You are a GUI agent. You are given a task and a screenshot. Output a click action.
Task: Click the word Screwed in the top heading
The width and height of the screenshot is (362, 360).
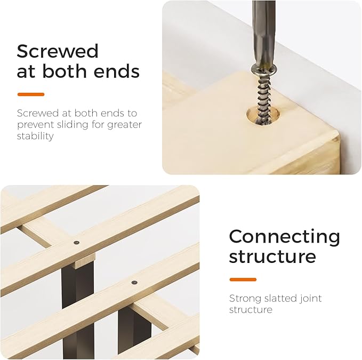pyautogui.click(x=58, y=51)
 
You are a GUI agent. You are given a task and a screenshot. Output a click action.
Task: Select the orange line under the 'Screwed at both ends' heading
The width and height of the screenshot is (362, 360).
pyautogui.click(x=31, y=94)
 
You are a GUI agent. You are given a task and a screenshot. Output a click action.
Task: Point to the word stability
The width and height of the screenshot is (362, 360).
pyautogui.click(x=35, y=136)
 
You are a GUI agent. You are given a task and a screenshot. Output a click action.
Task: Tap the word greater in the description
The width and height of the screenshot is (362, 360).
pyautogui.click(x=124, y=125)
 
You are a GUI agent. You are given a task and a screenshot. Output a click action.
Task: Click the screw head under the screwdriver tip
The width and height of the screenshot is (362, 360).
pyautogui.click(x=264, y=69)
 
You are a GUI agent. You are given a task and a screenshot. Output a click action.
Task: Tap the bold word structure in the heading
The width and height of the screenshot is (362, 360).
pyautogui.click(x=272, y=257)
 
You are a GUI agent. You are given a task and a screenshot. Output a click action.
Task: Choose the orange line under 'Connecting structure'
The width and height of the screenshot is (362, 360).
pyautogui.click(x=243, y=279)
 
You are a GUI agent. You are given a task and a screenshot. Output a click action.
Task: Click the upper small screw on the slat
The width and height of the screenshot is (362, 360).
pyautogui.click(x=76, y=243)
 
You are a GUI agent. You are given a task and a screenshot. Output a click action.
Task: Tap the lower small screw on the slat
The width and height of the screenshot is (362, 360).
pyautogui.click(x=134, y=282)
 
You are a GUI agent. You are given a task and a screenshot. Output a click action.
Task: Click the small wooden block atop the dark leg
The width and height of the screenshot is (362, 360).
pyautogui.click(x=85, y=260)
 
